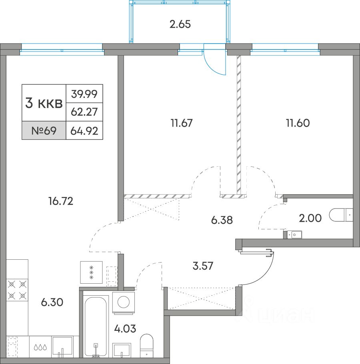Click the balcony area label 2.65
[x=180, y=24]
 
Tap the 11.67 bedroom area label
[x=182, y=123]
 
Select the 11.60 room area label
[x=298, y=123]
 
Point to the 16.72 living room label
[x=61, y=201]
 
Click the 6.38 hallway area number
[x=222, y=220]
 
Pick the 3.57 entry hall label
[x=203, y=266]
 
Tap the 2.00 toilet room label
[x=310, y=218]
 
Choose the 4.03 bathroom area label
[x=125, y=329]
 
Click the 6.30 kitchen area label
[x=52, y=302]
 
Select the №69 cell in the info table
[x=44, y=131]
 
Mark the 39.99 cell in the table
[x=84, y=94]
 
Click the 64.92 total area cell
[x=84, y=131]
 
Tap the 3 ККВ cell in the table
[x=44, y=103]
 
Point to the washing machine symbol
[x=124, y=302]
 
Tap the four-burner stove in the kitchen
[x=17, y=290]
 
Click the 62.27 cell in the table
[x=84, y=112]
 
